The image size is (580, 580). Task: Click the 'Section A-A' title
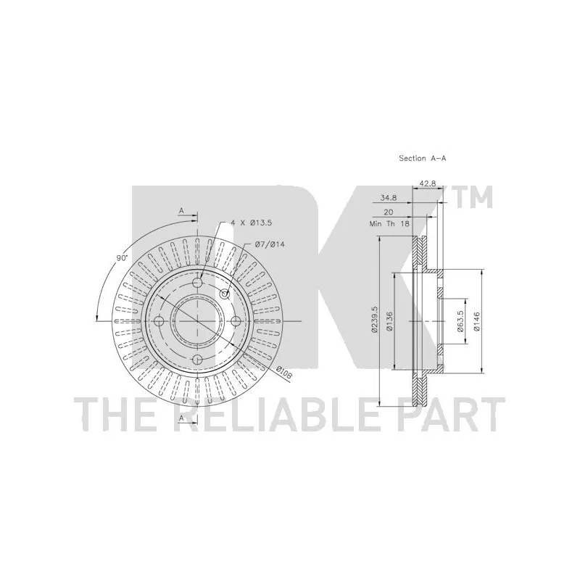(x=423, y=158)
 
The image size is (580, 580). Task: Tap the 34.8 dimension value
(x=389, y=198)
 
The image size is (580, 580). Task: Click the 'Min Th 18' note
(x=389, y=224)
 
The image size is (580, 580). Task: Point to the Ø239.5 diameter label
(x=375, y=320)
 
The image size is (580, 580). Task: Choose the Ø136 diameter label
(x=389, y=320)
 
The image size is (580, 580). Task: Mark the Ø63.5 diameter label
(x=460, y=320)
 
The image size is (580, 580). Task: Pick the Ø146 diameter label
(x=476, y=321)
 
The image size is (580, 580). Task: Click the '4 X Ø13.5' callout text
(x=251, y=223)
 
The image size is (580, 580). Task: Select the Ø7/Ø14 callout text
(x=270, y=244)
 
